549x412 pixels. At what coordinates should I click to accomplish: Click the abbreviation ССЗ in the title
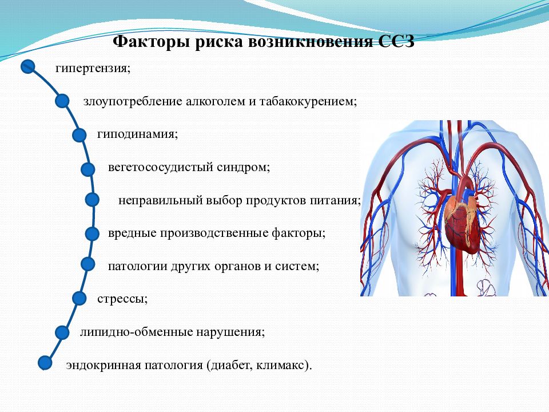pyautogui.click(x=396, y=41)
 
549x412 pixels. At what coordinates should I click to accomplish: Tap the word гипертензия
pyautogui.click(x=93, y=68)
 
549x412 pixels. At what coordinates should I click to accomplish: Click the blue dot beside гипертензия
pyautogui.click(x=28, y=66)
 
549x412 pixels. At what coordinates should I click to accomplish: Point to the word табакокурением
pyautogui.click(x=308, y=102)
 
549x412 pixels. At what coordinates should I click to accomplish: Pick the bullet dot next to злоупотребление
pyautogui.click(x=62, y=101)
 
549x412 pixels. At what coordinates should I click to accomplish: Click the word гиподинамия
pyautogui.click(x=138, y=134)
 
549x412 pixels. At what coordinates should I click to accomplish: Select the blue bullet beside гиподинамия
pyautogui.click(x=79, y=135)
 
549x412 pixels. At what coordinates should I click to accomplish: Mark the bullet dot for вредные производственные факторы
pyautogui.click(x=93, y=233)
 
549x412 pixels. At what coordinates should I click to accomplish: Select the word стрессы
pyautogui.click(x=122, y=299)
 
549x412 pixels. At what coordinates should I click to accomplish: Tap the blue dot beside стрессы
pyautogui.click(x=79, y=299)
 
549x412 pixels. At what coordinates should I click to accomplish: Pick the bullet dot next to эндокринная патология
pyautogui.click(x=45, y=363)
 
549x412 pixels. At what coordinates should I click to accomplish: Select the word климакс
pyautogui.click(x=284, y=366)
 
